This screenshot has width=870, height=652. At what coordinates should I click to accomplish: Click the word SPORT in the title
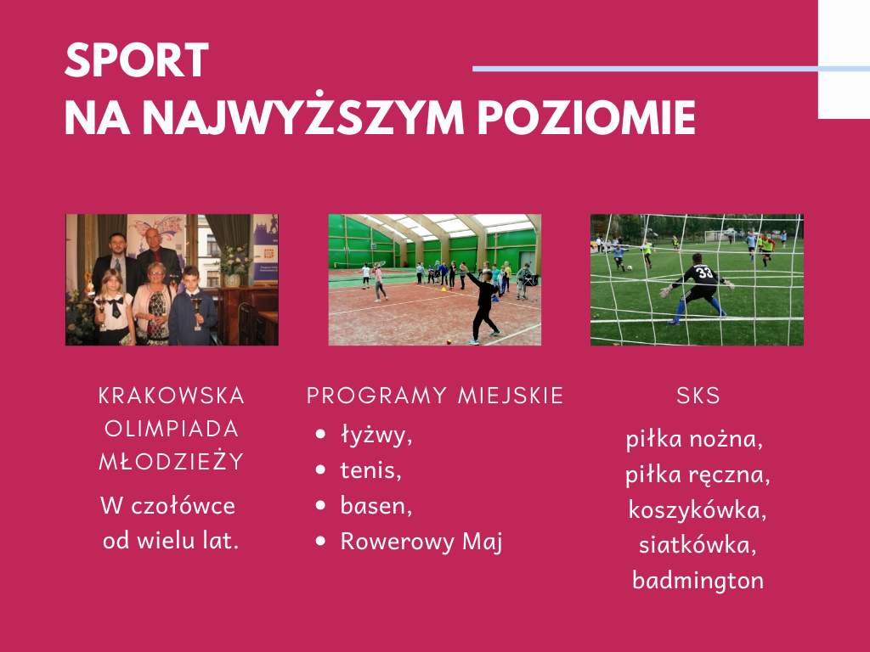137,60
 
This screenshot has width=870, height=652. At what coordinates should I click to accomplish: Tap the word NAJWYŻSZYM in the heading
303,117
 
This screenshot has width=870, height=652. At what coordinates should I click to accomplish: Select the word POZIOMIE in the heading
586,117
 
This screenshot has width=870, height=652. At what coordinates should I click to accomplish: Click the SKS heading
698,396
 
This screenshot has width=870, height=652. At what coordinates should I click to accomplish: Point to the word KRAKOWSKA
172,396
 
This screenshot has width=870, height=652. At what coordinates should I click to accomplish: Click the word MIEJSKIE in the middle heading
511,396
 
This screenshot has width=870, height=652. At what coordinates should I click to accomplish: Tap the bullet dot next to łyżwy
320,434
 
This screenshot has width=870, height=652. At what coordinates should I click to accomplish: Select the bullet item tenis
370,470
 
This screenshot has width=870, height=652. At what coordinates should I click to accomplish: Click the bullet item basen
376,506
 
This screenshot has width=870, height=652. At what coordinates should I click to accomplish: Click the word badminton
698,581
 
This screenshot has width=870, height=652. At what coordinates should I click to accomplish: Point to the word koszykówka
698,509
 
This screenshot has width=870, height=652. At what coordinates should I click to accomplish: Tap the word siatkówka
698,545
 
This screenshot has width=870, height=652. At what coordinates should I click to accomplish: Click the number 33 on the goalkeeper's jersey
704,273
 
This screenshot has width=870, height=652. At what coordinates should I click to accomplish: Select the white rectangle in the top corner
844,59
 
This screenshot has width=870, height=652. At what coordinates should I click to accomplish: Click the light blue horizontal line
671,69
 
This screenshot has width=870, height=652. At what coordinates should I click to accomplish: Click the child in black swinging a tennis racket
483,304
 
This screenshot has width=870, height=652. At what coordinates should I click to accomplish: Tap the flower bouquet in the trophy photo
235,260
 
